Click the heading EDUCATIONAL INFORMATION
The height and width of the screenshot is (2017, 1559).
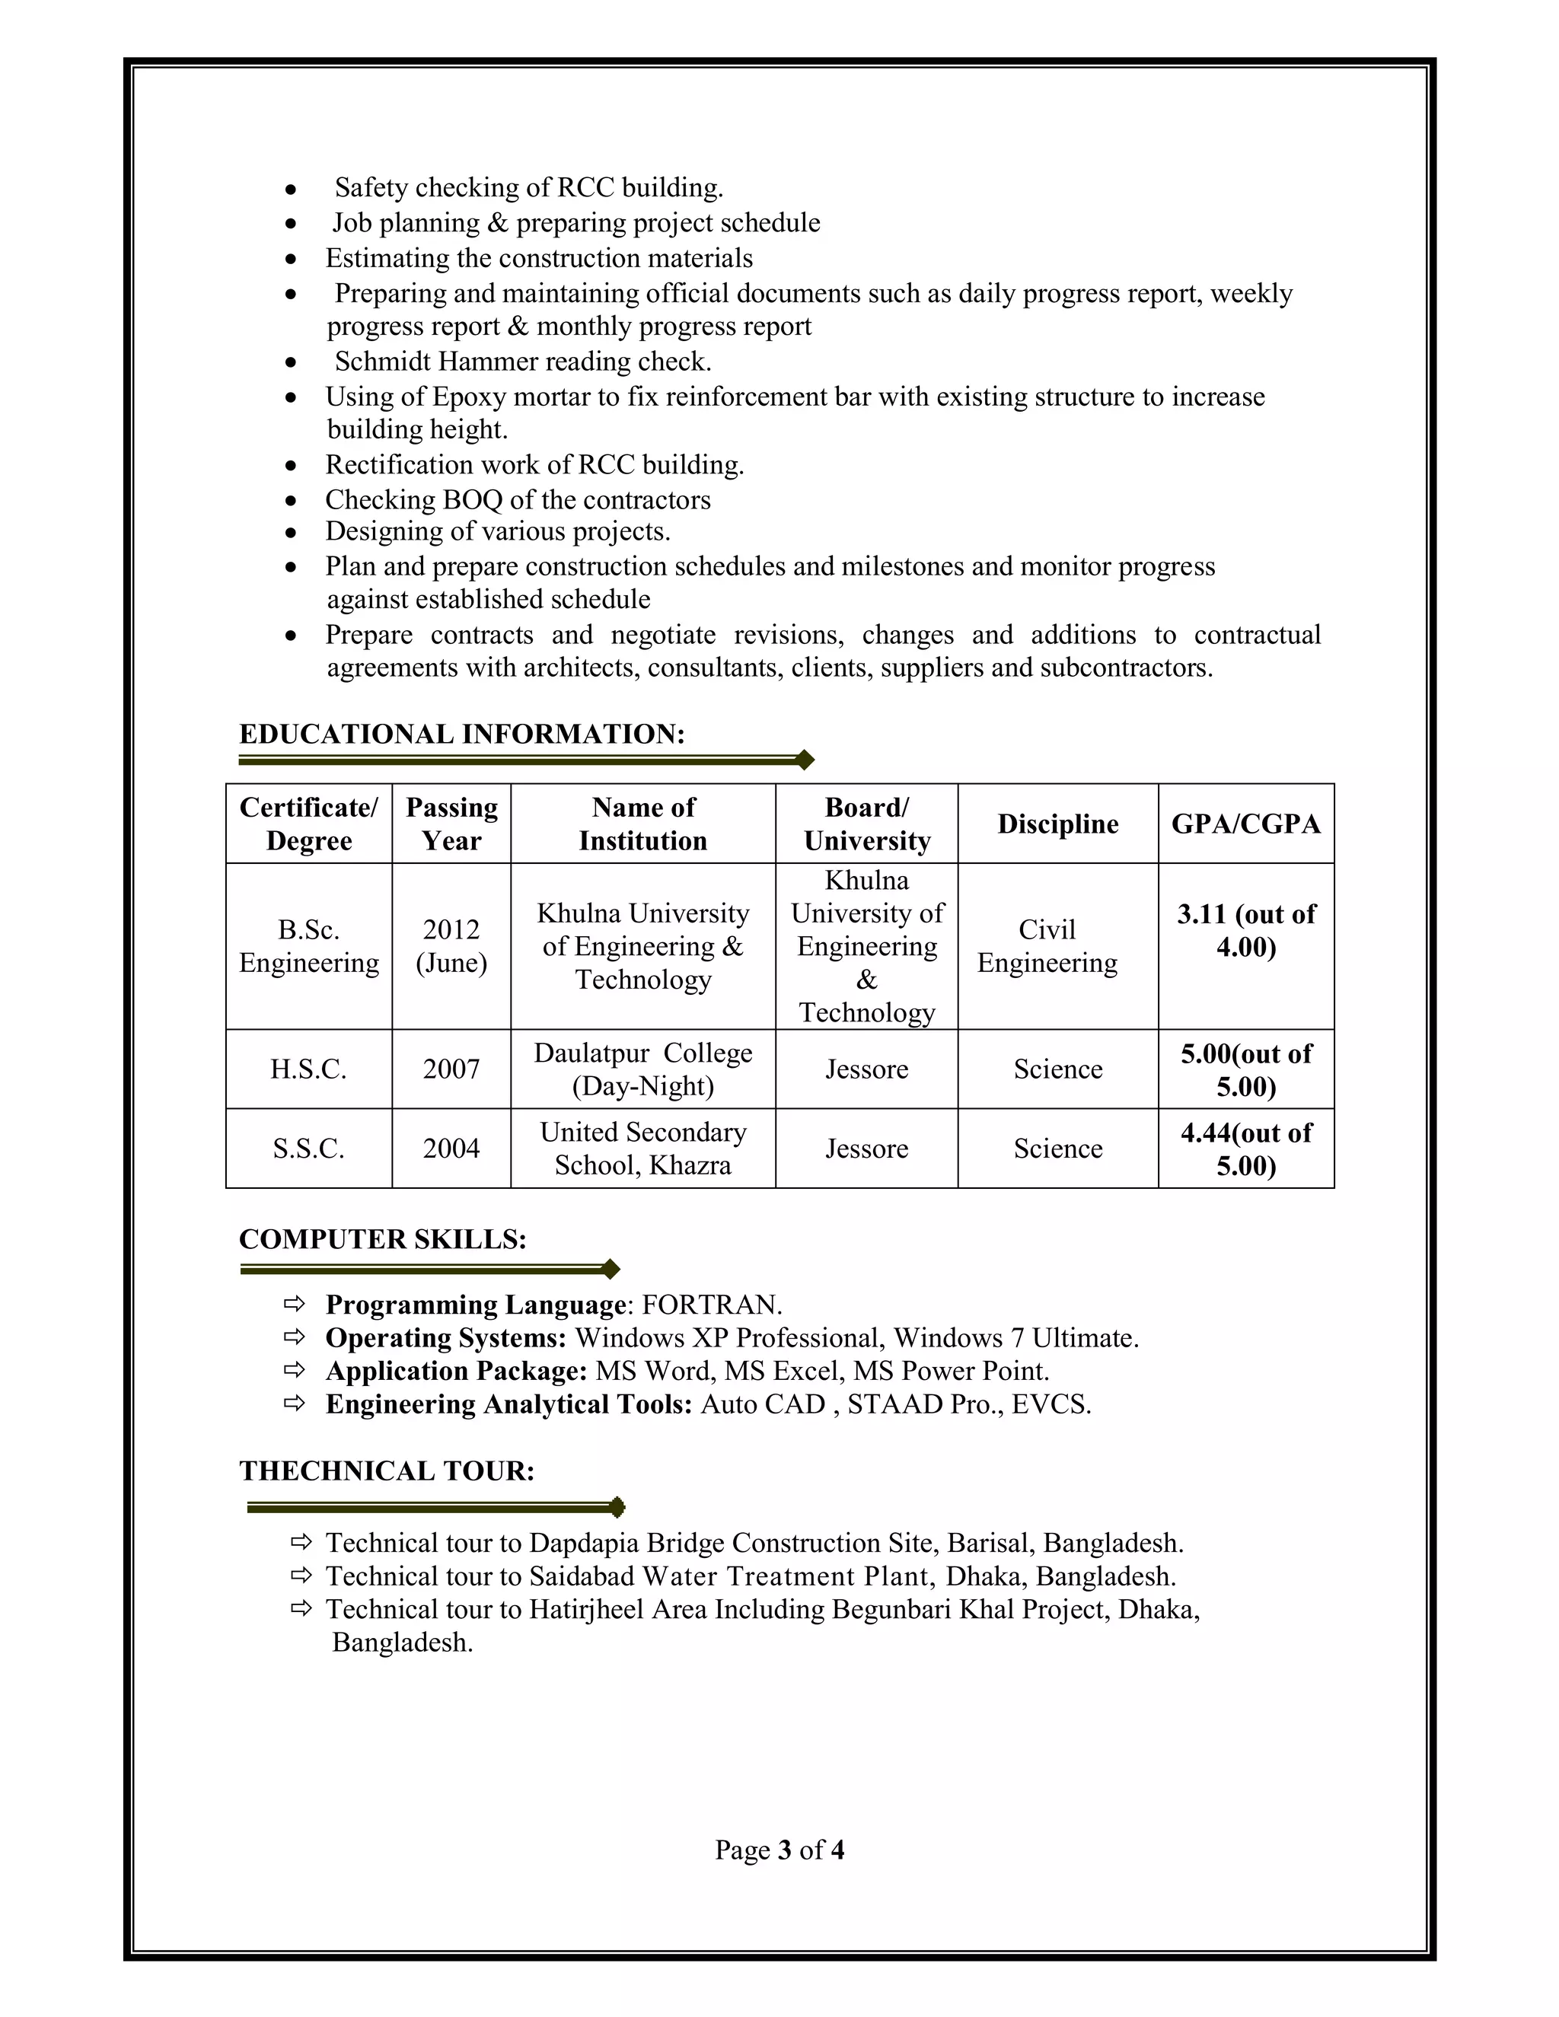pos(462,734)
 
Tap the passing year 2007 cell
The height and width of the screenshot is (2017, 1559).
pos(451,1069)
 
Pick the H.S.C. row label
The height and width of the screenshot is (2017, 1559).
pos(308,1069)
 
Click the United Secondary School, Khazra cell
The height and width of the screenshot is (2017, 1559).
pos(642,1148)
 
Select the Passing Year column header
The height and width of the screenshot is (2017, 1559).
pos(451,824)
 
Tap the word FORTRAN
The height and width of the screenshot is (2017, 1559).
pos(710,1305)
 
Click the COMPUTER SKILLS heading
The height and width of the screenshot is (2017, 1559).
pos(382,1239)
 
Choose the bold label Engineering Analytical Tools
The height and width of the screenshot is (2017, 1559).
pos(508,1405)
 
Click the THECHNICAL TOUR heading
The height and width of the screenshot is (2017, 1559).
pos(387,1471)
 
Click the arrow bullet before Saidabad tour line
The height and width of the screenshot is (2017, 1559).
pos(301,1576)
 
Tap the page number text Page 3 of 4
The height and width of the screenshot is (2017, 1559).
pos(779,1850)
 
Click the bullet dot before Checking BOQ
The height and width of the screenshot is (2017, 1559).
pos(291,501)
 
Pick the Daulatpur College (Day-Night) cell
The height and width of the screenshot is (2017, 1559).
pos(642,1069)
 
